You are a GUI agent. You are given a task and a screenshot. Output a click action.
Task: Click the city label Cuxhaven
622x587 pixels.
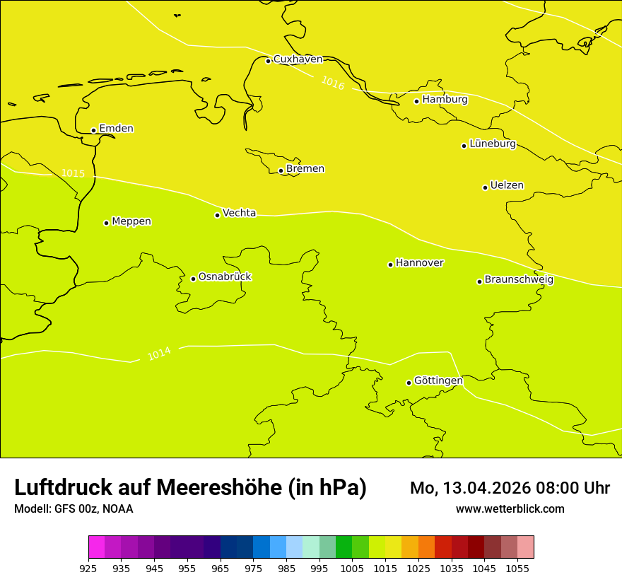coord(298,59)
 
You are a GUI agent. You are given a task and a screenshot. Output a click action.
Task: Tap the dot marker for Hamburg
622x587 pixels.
coord(417,101)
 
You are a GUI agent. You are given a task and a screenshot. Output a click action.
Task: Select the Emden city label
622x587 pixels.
coord(116,129)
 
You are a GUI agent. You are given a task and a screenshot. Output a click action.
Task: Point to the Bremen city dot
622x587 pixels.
coord(281,170)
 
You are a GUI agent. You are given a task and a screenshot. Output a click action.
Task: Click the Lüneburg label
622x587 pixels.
coord(492,144)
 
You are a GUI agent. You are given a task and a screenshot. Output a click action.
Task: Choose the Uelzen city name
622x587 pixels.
coord(507,186)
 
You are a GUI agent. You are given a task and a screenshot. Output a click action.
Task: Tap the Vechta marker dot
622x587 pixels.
coord(217,215)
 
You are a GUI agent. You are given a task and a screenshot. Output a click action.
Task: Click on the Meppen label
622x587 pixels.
coord(131,221)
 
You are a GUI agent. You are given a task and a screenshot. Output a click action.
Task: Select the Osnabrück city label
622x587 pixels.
coord(225,277)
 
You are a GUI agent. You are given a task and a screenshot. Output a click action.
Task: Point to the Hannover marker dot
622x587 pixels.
coord(390,265)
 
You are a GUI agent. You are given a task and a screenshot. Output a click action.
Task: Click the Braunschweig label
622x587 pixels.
coord(519,280)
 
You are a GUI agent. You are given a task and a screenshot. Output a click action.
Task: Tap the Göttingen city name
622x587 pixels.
coord(438,381)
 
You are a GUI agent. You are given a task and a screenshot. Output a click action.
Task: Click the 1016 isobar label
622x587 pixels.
coord(333,83)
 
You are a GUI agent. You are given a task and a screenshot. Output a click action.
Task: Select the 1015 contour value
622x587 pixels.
coord(73,173)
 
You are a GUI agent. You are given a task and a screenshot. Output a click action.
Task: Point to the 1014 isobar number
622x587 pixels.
coord(159,353)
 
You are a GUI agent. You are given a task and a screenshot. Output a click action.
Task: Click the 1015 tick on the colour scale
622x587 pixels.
coord(385,568)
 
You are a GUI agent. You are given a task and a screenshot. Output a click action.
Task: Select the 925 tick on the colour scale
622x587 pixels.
coord(88,568)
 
